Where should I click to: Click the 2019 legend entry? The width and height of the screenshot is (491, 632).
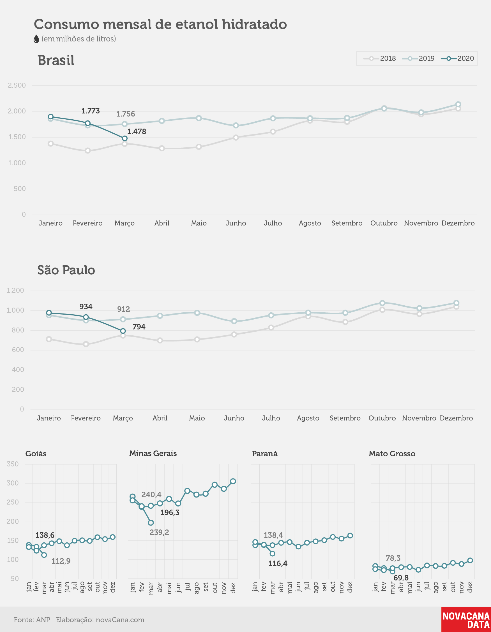click(418, 59)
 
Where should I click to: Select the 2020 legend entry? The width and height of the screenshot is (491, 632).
click(457, 59)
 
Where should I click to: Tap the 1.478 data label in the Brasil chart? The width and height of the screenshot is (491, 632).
click(137, 132)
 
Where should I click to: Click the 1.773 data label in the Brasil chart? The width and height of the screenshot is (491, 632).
click(91, 111)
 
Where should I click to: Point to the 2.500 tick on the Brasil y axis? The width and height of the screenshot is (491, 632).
click(17, 85)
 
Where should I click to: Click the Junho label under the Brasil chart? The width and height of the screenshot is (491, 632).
click(236, 223)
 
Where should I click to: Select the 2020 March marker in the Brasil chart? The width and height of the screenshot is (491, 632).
click(125, 138)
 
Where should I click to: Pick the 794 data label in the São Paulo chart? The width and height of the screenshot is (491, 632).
click(139, 327)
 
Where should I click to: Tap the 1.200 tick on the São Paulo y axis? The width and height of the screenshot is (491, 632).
click(15, 290)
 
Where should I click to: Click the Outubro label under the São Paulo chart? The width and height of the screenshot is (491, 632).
click(382, 418)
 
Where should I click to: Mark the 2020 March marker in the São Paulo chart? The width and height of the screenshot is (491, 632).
click(123, 331)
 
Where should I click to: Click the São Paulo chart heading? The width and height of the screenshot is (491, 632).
click(66, 270)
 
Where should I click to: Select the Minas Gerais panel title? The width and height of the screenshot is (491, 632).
click(153, 454)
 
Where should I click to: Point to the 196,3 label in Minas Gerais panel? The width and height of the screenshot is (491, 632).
click(170, 513)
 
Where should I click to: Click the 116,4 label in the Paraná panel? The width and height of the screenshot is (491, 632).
click(278, 564)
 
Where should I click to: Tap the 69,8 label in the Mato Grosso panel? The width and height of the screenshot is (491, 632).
click(401, 578)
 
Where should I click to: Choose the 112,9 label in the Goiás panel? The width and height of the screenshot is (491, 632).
click(61, 561)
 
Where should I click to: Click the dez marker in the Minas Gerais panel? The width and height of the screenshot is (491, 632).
click(233, 481)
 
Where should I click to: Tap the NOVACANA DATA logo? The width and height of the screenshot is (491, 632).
click(466, 620)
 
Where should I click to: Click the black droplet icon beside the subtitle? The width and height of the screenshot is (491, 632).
click(36, 39)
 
